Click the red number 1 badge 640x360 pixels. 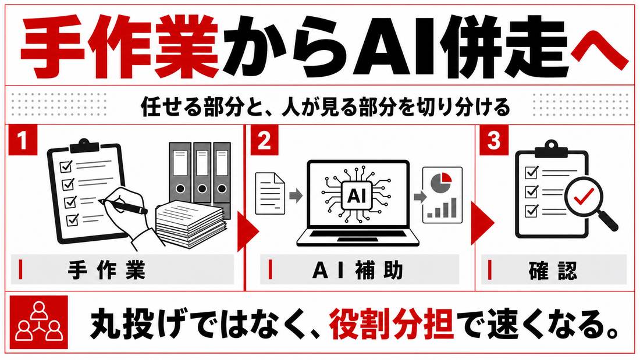click(x=23, y=140)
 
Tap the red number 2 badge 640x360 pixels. click(x=264, y=140)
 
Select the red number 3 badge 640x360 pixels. click(x=494, y=140)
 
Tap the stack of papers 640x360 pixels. click(x=191, y=223)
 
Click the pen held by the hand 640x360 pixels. click(x=122, y=205)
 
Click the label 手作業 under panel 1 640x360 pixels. click(x=106, y=270)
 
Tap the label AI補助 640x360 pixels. click(x=358, y=270)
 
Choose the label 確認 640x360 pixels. click(x=553, y=270)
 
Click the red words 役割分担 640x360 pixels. click(x=392, y=325)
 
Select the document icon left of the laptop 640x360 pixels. click(x=270, y=193)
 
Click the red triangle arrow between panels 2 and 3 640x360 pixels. click(x=482, y=223)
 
